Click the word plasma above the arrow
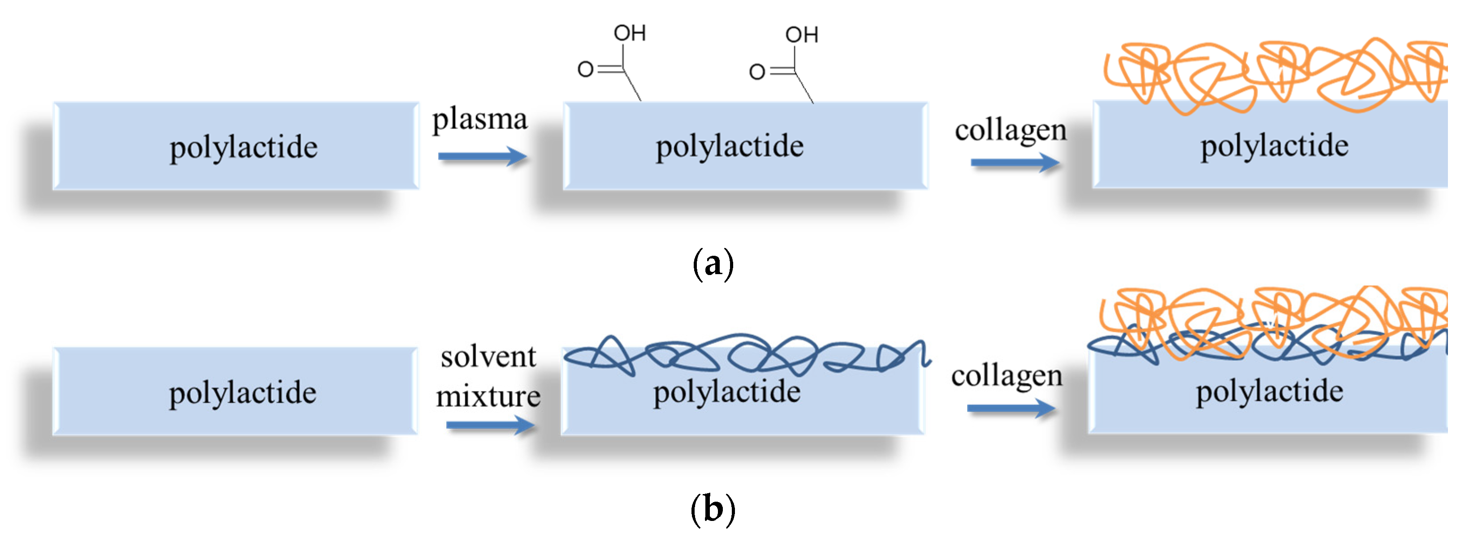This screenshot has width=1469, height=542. (x=479, y=120)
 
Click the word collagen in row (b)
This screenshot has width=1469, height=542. (x=1007, y=376)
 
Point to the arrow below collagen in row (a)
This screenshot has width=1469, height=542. (x=1015, y=163)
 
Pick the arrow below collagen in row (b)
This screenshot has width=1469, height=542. (x=1011, y=408)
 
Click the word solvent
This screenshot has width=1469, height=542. (x=488, y=357)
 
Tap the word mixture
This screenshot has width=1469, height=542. (x=488, y=396)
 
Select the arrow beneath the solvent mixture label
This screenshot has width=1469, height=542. (x=490, y=425)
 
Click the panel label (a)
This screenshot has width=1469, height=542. (x=713, y=264)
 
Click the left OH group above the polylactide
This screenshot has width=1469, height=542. (x=630, y=33)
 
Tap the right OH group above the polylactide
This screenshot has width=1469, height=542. (x=801, y=35)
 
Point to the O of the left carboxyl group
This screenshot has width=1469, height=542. (x=585, y=69)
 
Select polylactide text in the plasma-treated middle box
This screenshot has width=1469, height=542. (x=730, y=146)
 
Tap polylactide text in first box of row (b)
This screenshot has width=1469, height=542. (x=242, y=393)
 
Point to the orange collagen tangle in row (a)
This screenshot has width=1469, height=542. (x=1272, y=74)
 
